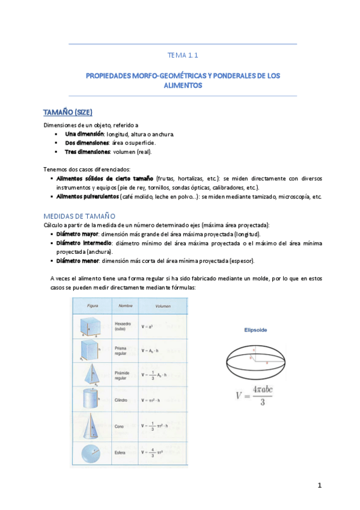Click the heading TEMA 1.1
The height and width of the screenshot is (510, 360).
[183, 55]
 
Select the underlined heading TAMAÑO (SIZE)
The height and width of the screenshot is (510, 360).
[68, 112]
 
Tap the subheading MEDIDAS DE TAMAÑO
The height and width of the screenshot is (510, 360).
[79, 215]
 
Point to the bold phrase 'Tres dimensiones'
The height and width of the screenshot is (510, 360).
[87, 152]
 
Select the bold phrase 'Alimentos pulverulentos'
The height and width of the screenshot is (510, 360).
[87, 197]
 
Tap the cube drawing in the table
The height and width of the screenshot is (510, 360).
[91, 327]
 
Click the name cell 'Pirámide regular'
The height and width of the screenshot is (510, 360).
[124, 376]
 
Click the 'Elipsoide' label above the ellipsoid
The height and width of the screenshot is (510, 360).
[255, 330]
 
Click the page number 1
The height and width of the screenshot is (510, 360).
[320, 485]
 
